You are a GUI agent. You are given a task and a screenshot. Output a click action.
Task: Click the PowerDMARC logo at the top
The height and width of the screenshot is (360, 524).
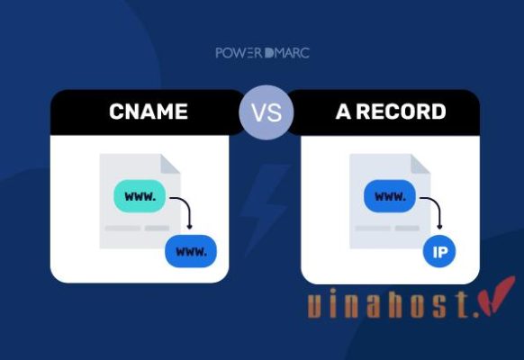262,52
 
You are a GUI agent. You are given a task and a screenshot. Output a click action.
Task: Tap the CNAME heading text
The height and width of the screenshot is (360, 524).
148,112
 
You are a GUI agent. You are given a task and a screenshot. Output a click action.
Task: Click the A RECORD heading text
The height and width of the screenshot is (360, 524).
390,112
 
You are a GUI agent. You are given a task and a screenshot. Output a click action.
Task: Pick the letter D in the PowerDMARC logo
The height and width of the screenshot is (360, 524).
270,52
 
